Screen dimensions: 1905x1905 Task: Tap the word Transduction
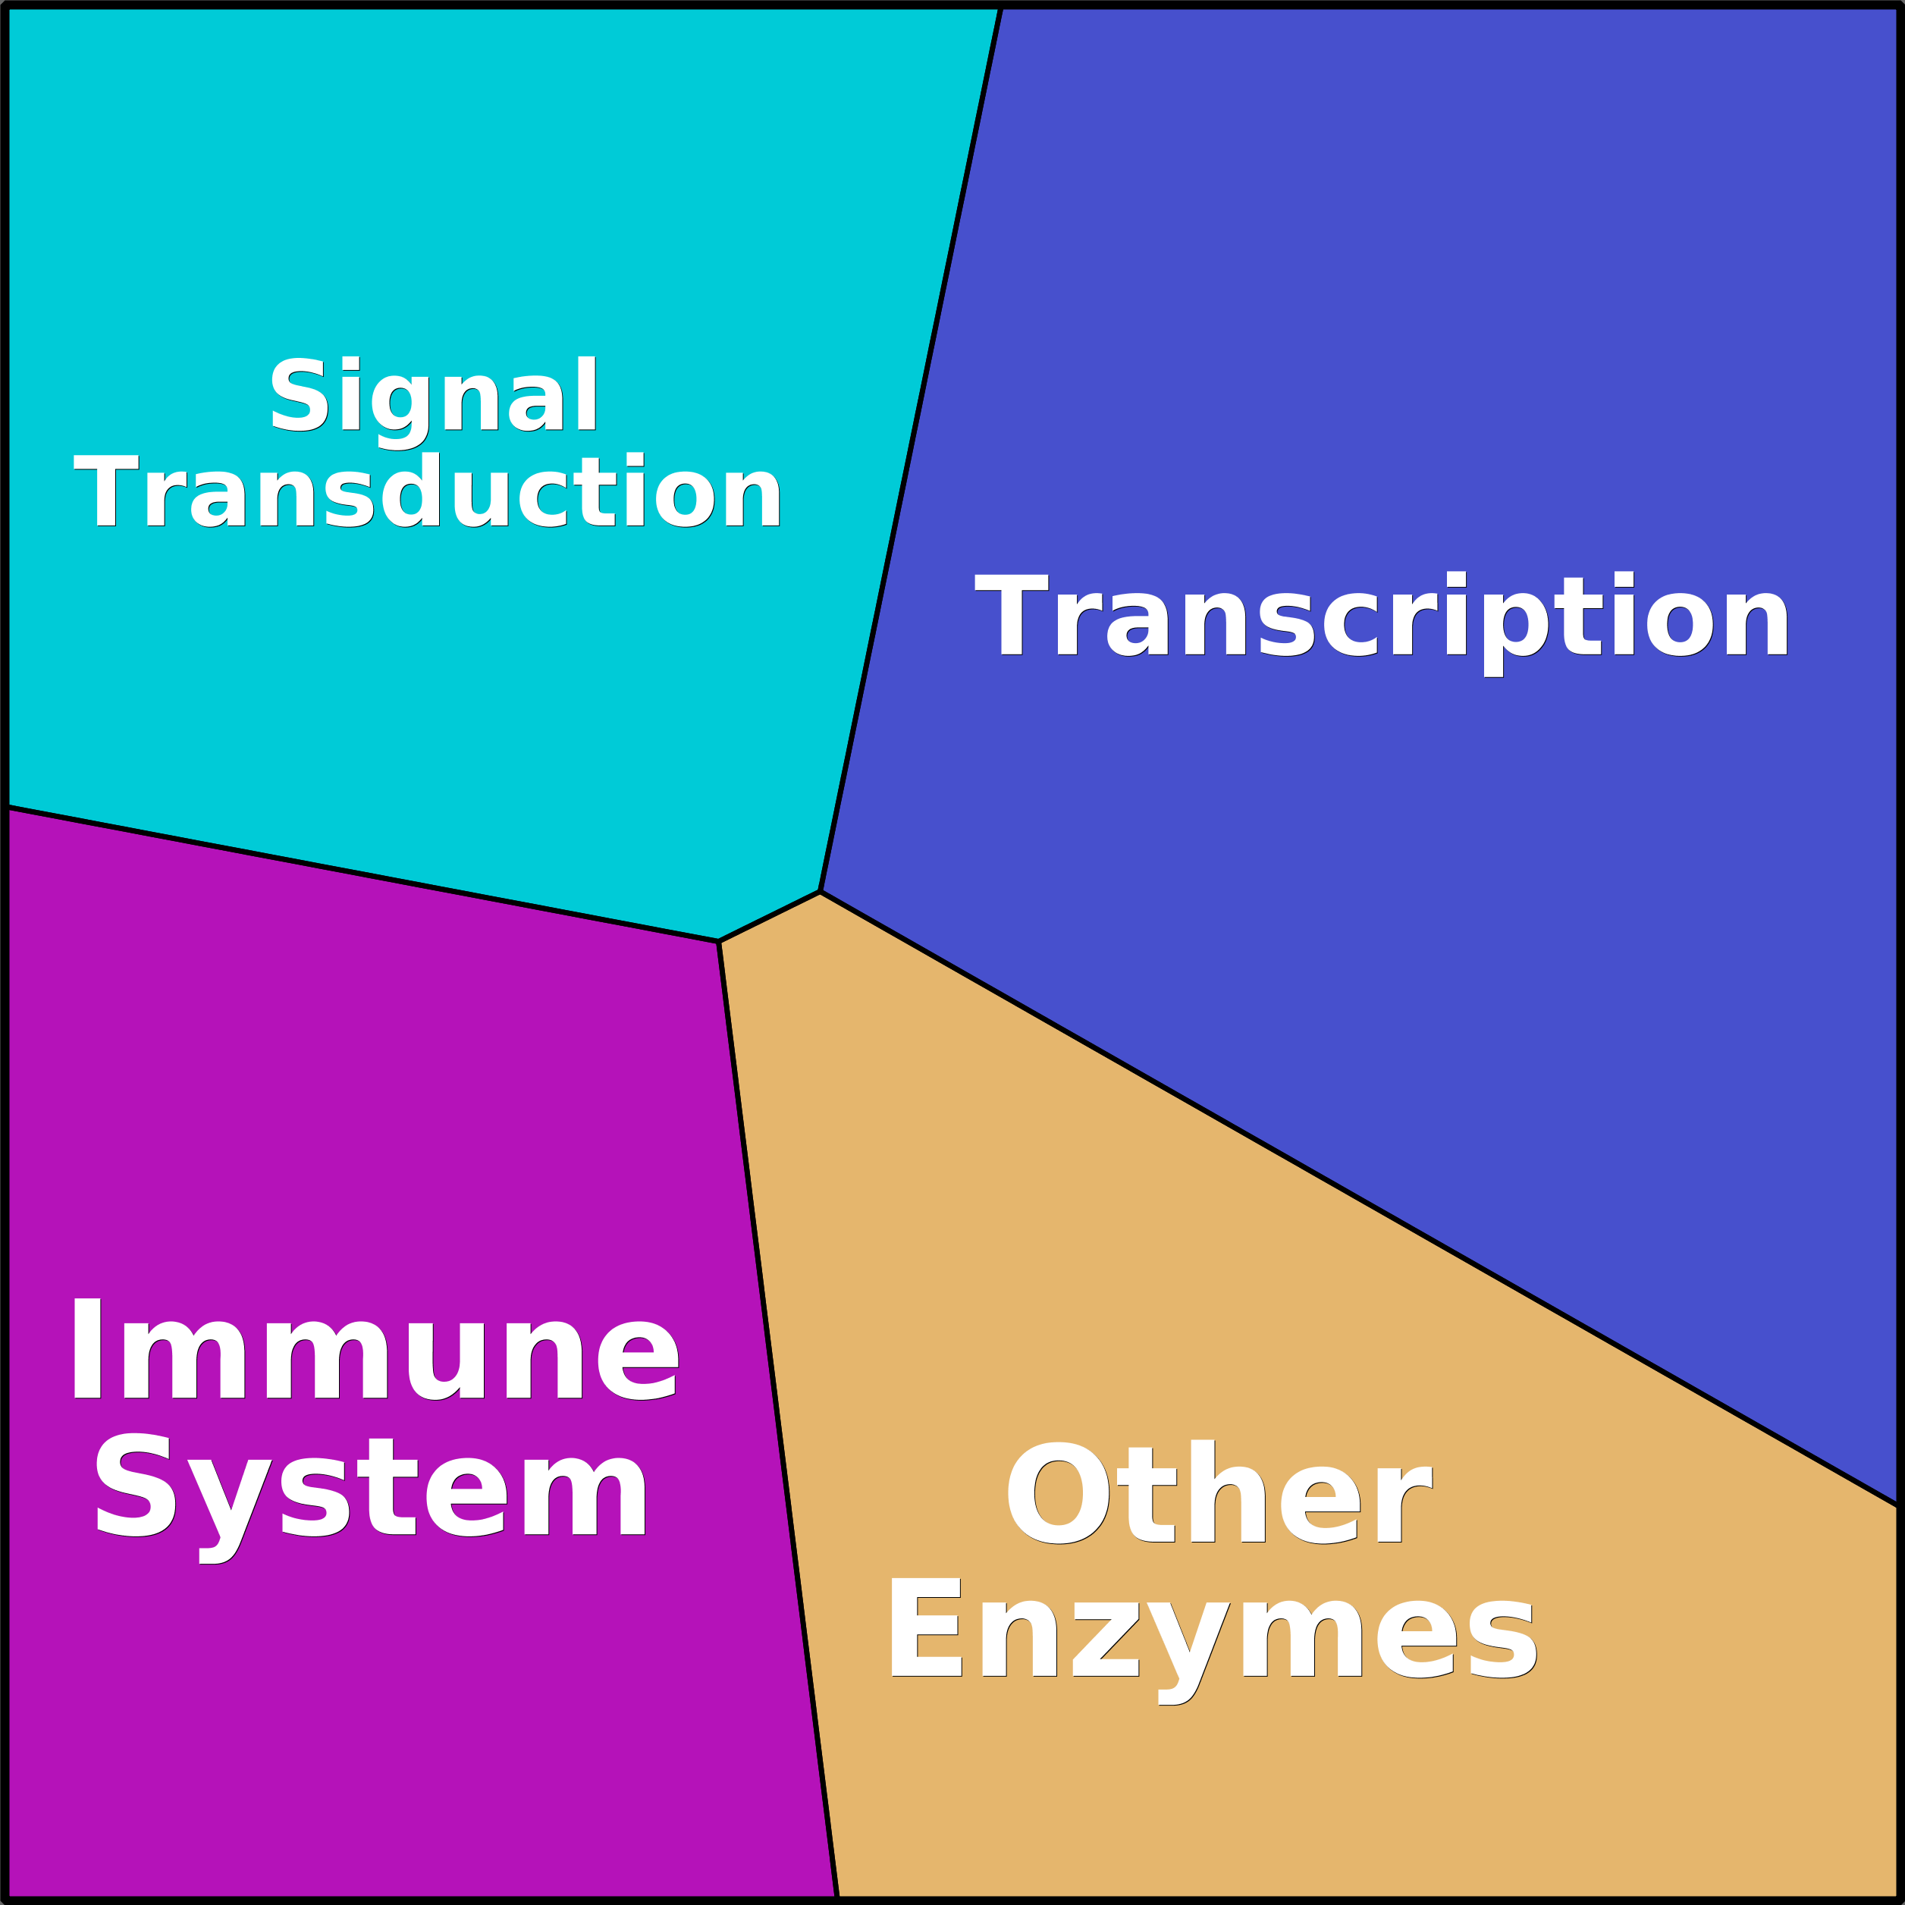tap(428, 490)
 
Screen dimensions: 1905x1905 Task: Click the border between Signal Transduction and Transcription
tap(910, 450)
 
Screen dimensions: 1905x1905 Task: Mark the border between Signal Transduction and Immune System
tap(362, 874)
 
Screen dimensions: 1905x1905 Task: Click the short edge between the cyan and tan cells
tap(769, 917)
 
